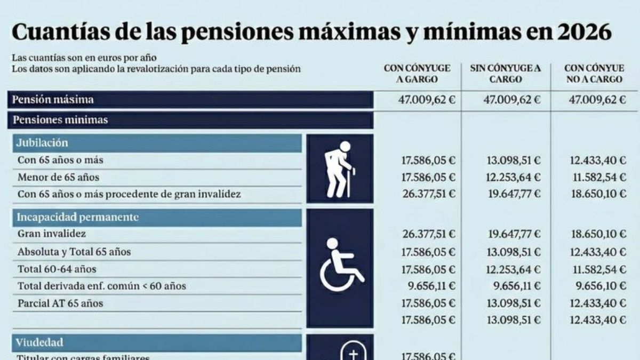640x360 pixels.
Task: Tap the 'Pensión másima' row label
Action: tap(53, 100)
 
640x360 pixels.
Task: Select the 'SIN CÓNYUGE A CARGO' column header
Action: tap(505, 74)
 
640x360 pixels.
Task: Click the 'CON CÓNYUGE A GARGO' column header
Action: tap(417, 74)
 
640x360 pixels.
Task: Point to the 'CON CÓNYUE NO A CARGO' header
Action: tap(594, 74)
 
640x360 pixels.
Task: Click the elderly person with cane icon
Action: tap(340, 168)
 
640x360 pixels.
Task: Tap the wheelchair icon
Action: tap(340, 265)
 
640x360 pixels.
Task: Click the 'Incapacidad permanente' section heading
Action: tap(78, 217)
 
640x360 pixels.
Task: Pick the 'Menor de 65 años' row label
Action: tap(58, 177)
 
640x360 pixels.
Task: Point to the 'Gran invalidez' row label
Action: tap(52, 234)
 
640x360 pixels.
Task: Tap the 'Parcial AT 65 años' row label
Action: tap(60, 303)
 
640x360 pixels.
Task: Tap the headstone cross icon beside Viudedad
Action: tap(354, 352)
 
